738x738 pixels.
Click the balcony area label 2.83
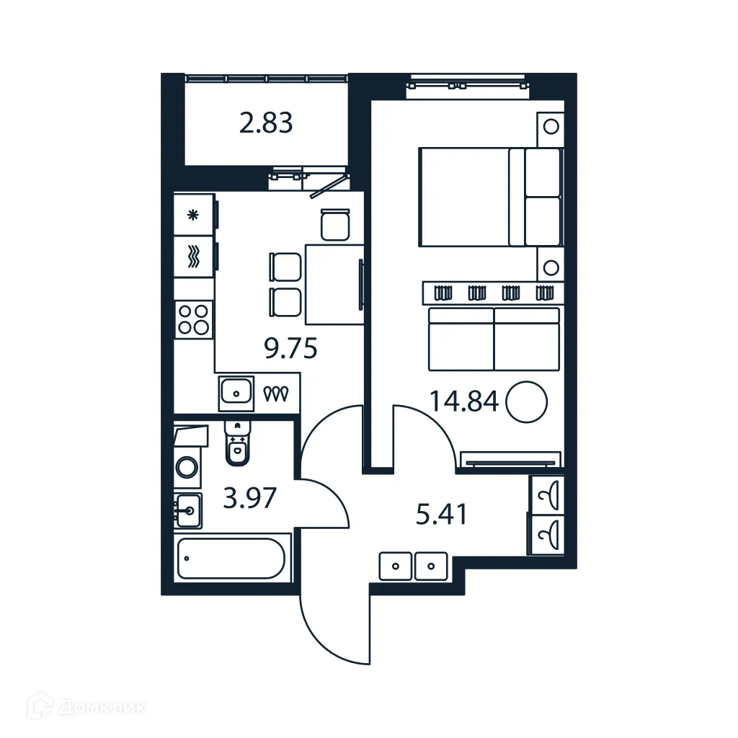(266, 123)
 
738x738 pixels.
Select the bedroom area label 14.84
(464, 400)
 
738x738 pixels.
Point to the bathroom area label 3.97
(249, 497)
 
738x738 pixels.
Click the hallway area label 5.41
(442, 515)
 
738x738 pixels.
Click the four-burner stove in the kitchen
(194, 319)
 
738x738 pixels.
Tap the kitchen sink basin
(236, 393)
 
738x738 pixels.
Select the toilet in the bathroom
(236, 443)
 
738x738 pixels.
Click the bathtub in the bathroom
(231, 558)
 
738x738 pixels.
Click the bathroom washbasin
(187, 511)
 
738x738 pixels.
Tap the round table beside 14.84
(527, 401)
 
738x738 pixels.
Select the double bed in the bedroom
(489, 197)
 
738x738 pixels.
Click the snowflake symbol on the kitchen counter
(192, 214)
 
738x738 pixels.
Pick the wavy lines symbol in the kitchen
(192, 257)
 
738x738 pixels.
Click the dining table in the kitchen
(334, 284)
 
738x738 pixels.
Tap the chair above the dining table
(334, 224)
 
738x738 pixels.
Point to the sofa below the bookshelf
(494, 337)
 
